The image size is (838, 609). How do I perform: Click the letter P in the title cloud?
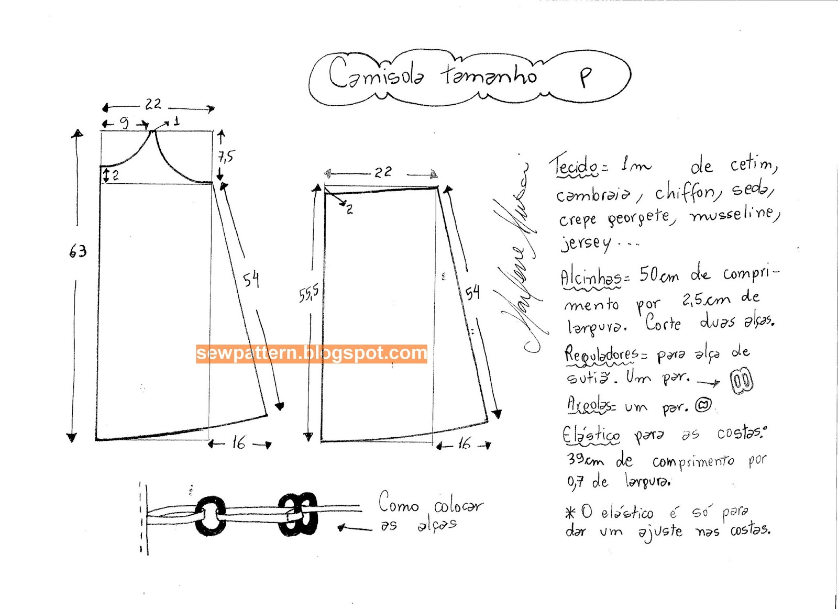coord(586,77)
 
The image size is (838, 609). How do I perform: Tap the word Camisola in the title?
coord(376,74)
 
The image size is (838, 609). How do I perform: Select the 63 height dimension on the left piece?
coord(78,252)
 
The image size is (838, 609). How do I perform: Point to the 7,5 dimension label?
coord(226,156)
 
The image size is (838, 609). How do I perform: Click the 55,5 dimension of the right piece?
coord(308,294)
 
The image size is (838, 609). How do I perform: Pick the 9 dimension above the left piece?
coord(124,123)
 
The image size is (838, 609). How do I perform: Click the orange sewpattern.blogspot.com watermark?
coord(312,353)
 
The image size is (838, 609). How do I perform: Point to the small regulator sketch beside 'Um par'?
coord(741,381)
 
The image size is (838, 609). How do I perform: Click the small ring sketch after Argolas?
coord(703,405)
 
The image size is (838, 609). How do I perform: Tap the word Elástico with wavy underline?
coord(591,435)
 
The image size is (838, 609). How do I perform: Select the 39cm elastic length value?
coord(585,460)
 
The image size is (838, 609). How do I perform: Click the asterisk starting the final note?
coord(570,513)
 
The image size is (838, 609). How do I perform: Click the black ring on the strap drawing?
coord(211,516)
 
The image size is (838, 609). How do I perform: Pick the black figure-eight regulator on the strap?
coord(298,514)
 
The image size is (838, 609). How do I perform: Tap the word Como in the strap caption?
coord(399,503)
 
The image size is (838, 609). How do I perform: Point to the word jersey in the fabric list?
coord(586,243)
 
